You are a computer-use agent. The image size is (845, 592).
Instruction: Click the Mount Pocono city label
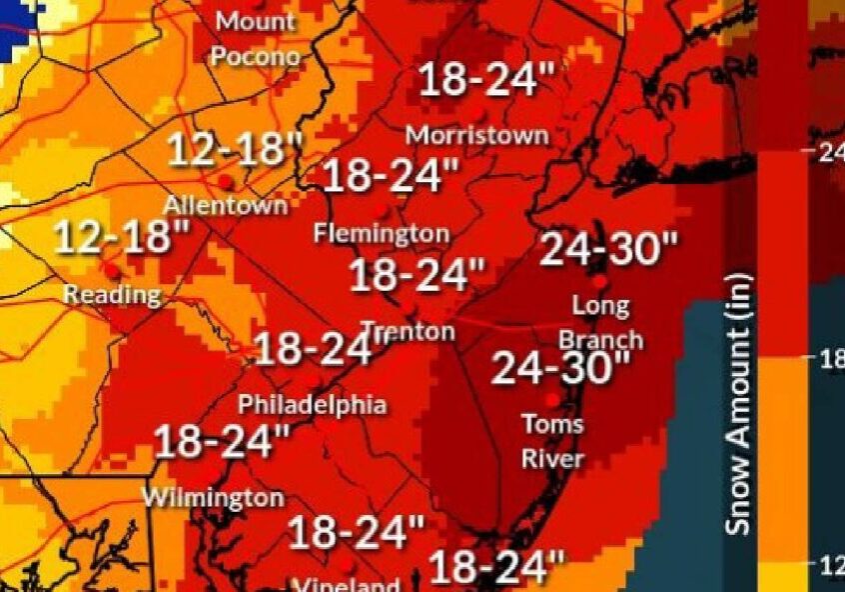(x=256, y=39)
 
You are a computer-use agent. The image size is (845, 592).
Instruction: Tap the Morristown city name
(x=477, y=134)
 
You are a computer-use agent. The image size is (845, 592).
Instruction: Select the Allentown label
(x=226, y=206)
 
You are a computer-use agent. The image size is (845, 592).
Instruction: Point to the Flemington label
(x=381, y=234)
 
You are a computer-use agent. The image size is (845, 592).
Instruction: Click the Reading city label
(x=112, y=294)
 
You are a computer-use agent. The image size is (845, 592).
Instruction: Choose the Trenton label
(x=408, y=331)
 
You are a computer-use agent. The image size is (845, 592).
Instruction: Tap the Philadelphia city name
(x=312, y=405)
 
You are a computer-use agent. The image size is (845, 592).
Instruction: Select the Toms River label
(x=553, y=441)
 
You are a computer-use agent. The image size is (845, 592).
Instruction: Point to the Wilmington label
(x=213, y=497)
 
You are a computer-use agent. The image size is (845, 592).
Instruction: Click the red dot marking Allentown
(x=227, y=182)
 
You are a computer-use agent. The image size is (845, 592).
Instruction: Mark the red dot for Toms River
(x=551, y=400)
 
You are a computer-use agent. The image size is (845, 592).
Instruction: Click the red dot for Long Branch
(x=600, y=282)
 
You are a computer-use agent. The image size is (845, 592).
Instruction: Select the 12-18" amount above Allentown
(x=234, y=150)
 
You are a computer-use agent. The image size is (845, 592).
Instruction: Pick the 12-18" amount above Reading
(x=122, y=238)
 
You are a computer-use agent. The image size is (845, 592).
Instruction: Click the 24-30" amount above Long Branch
(x=609, y=249)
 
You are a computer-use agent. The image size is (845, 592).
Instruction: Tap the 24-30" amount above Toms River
(x=562, y=368)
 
